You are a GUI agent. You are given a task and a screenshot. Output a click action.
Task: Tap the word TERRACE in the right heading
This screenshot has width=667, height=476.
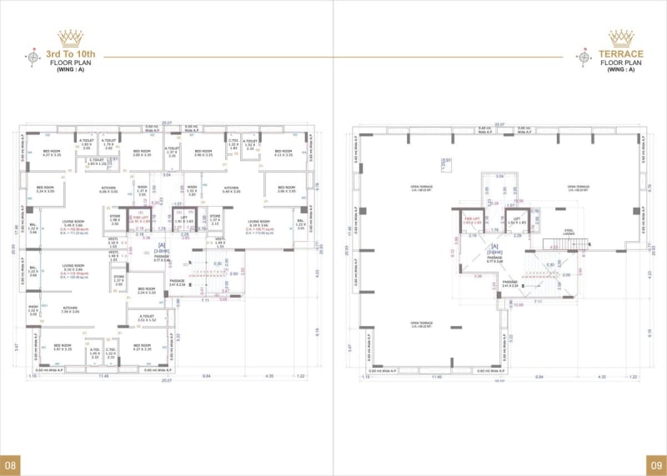621,54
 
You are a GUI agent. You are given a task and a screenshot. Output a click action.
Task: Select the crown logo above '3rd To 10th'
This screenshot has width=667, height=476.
70,38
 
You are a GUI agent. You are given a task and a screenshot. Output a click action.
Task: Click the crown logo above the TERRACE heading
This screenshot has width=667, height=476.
621,38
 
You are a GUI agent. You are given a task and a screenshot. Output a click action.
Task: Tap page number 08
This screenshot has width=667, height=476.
11,464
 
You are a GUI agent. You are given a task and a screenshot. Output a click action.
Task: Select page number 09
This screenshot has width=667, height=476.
655,464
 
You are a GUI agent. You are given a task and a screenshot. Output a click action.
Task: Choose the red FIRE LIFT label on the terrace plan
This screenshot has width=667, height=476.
473,221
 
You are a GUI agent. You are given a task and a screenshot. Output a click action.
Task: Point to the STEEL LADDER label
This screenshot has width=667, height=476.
569,233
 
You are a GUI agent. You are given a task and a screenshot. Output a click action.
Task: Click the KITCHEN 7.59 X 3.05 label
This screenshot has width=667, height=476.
70,310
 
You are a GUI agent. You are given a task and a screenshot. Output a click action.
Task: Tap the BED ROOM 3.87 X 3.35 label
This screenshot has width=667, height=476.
63,347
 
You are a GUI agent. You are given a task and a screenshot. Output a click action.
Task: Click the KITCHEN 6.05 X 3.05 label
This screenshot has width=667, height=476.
108,190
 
